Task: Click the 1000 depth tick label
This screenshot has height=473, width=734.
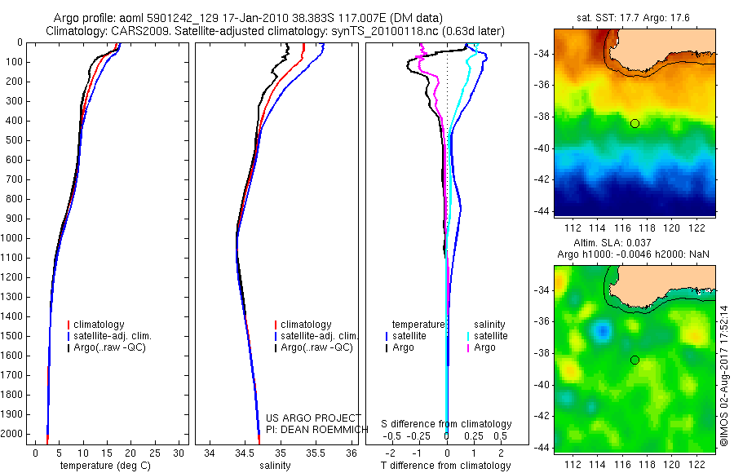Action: point(15,238)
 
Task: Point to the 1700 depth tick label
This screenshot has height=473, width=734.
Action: point(15,375)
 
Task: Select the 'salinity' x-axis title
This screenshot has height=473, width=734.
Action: point(273,466)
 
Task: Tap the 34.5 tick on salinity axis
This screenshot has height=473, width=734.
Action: point(245,452)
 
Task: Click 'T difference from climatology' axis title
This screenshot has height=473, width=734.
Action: point(446,466)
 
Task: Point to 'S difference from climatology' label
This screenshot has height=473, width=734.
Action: point(446,424)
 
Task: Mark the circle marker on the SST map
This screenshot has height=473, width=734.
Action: point(635,123)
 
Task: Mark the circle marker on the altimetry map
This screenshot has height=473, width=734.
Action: point(635,360)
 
